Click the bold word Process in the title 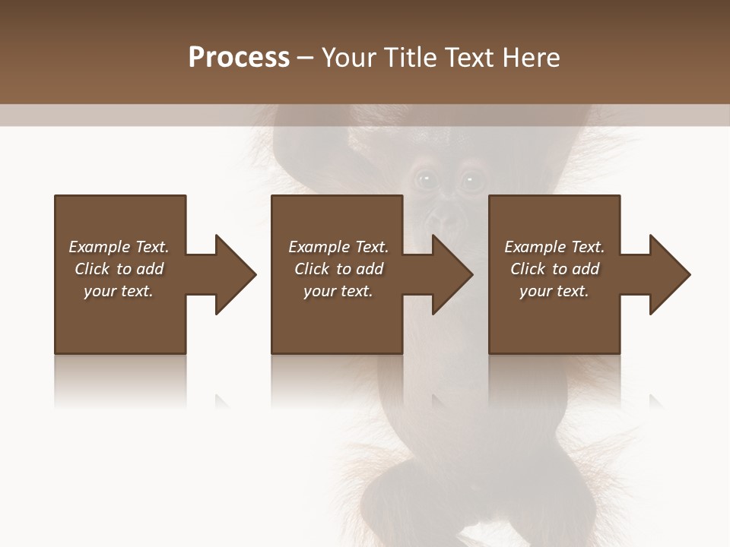(239, 58)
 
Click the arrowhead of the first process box (236, 274)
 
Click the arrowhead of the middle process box (453, 274)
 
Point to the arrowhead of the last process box (670, 274)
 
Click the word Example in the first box (100, 247)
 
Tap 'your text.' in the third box (554, 291)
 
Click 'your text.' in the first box (119, 291)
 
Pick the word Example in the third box (535, 247)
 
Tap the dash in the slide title (306, 58)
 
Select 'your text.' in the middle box (338, 291)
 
